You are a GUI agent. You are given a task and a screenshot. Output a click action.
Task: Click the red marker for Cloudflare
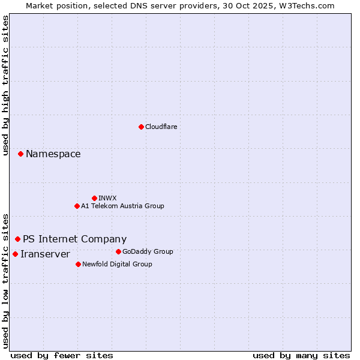(141, 127)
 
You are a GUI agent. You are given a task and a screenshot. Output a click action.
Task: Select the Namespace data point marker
(20, 154)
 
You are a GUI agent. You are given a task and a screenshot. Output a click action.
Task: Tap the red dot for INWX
(94, 198)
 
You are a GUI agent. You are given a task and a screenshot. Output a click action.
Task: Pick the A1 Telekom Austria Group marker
(77, 206)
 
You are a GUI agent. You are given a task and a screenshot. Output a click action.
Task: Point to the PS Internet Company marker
(17, 239)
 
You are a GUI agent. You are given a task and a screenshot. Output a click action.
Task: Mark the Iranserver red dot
(15, 254)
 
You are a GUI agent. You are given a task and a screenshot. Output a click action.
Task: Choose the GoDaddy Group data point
(118, 251)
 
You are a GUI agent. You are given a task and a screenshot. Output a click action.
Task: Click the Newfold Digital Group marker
(78, 264)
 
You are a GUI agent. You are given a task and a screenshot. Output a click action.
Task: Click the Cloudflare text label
(161, 127)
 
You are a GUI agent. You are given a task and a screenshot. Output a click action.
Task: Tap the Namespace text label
(53, 154)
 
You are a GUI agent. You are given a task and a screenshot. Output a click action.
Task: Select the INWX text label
(107, 198)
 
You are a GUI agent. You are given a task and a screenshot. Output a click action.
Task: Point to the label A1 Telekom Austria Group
(122, 206)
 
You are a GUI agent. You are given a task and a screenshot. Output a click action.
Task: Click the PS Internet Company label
(74, 239)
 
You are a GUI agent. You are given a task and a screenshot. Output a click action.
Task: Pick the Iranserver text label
(45, 254)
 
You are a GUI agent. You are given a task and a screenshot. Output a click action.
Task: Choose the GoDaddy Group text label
(148, 251)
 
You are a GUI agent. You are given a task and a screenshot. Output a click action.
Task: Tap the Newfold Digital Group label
(117, 264)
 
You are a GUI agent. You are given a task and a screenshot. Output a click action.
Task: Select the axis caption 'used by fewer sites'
(62, 355)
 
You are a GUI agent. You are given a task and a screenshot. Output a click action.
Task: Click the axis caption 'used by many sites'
(301, 355)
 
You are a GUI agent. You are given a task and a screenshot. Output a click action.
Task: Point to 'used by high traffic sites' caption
(5, 85)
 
